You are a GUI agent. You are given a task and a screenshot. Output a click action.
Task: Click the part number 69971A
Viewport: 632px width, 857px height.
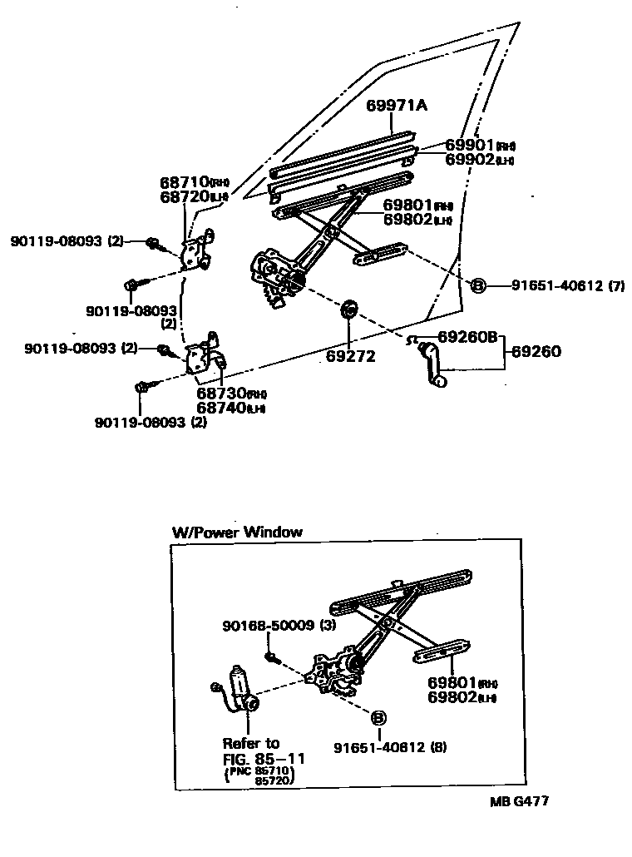pyautogui.click(x=397, y=106)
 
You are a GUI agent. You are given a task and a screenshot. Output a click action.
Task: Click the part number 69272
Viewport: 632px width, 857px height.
pyautogui.click(x=351, y=355)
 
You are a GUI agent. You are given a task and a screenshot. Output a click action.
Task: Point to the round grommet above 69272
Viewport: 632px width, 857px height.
pyautogui.click(x=350, y=309)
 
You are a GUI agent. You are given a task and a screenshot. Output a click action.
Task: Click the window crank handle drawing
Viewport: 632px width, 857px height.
pyautogui.click(x=434, y=362)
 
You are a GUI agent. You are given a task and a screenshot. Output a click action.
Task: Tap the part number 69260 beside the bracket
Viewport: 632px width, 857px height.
pyautogui.click(x=536, y=352)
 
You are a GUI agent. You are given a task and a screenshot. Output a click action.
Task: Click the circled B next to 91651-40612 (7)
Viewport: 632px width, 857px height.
pyautogui.click(x=478, y=286)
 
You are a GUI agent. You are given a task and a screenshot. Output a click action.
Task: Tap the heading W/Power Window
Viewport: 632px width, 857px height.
pyautogui.click(x=237, y=532)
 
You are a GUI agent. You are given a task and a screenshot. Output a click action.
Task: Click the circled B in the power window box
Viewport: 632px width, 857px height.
pyautogui.click(x=378, y=717)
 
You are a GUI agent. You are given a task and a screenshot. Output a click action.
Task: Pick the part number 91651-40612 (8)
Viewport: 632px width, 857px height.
pyautogui.click(x=390, y=747)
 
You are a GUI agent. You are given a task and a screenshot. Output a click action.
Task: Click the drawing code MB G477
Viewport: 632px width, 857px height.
pyautogui.click(x=519, y=802)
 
